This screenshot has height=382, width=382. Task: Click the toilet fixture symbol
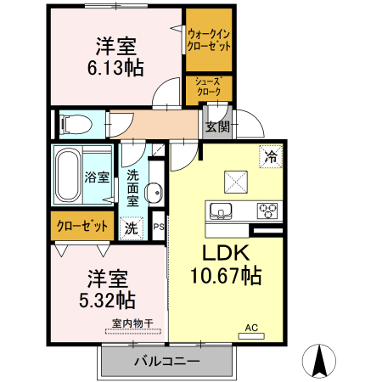pyautogui.click(x=76, y=124)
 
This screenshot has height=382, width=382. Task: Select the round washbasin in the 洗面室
pyautogui.click(x=154, y=193)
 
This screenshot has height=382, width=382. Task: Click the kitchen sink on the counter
pyautogui.click(x=221, y=211)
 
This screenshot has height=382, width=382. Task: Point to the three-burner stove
pyautogui.click(x=267, y=211)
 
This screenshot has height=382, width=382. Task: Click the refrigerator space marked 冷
pyautogui.click(x=271, y=156)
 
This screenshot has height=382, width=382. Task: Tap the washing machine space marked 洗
pyautogui.click(x=132, y=228)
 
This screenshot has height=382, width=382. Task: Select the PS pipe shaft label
pyautogui.click(x=159, y=227)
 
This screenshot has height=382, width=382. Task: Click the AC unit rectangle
pyautogui.click(x=251, y=336)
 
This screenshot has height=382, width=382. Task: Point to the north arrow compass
pyautogui.click(x=319, y=361)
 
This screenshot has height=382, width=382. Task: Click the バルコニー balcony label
pyautogui.click(x=167, y=361)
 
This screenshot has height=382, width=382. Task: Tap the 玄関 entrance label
pyautogui.click(x=217, y=126)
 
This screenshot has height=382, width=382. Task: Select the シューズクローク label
pyautogui.click(x=209, y=87)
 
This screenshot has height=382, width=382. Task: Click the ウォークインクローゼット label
pyautogui.click(x=209, y=40)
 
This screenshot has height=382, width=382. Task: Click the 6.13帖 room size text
pyautogui.click(x=115, y=68)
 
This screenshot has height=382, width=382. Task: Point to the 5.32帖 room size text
pyautogui.click(x=107, y=301)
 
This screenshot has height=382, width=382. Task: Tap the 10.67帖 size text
pyautogui.click(x=226, y=276)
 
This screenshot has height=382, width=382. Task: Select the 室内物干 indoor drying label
pyautogui.click(x=132, y=323)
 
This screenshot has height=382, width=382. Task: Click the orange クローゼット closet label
pyautogui.click(x=82, y=226)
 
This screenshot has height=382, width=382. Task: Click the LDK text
pyautogui.click(x=227, y=253)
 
